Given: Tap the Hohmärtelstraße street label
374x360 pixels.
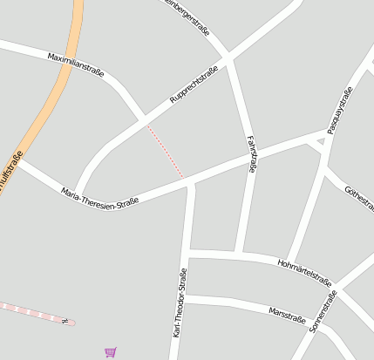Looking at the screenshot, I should pos(304,272).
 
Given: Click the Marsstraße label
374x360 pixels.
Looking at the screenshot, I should pos(289,312).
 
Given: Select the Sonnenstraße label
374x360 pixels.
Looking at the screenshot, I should pos(323,313).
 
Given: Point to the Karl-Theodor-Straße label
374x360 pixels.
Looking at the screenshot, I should pos(180,302).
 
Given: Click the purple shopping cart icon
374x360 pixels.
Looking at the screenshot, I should pos(110,352).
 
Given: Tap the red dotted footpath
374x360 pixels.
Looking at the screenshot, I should pos(166,153).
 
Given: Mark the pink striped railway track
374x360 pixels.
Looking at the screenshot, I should pos(31,313).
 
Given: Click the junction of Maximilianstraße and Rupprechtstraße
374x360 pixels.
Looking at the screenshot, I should pos(142,119).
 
